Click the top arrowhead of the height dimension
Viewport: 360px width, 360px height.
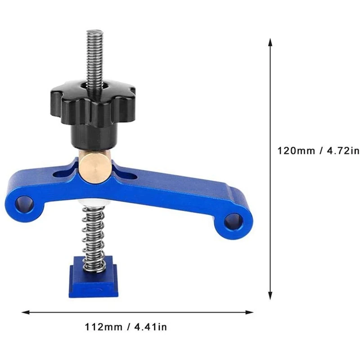(x=270, y=42)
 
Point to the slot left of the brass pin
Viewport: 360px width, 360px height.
(x=63, y=173)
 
